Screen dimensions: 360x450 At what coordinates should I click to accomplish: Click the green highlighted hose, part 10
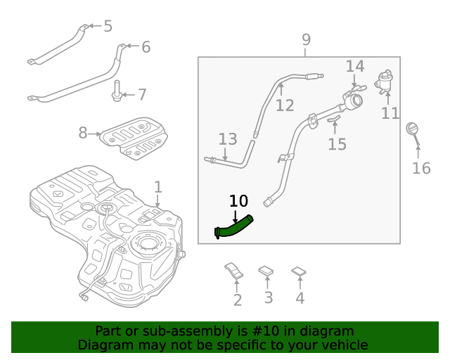click(236, 226)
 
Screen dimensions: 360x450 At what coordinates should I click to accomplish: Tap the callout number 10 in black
click(238, 201)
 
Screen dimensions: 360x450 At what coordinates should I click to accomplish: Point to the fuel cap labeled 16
click(413, 130)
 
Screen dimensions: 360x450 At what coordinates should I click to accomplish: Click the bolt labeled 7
click(116, 92)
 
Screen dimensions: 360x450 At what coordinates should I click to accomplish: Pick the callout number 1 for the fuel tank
click(158, 187)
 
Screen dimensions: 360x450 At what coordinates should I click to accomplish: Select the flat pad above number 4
click(299, 271)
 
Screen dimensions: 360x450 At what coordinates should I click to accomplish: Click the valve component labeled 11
click(384, 82)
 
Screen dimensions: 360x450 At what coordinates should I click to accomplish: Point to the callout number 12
click(285, 105)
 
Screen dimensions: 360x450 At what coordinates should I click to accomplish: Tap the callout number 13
click(228, 139)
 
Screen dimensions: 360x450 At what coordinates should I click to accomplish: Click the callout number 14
click(355, 67)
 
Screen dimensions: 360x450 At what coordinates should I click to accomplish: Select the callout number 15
click(337, 144)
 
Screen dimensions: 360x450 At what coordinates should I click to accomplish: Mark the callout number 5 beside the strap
click(108, 27)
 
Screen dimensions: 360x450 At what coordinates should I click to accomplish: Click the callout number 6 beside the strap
click(146, 47)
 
